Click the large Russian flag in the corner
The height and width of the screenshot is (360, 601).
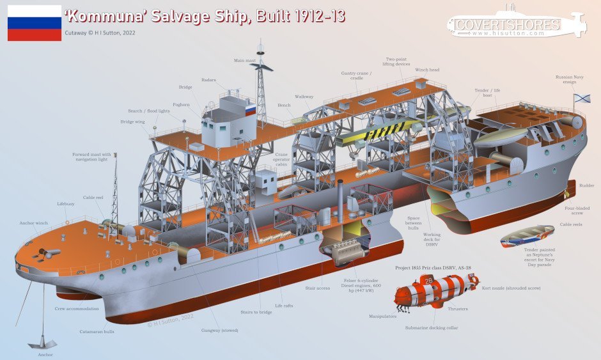click(35, 23)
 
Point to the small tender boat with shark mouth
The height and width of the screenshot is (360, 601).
click(527, 236)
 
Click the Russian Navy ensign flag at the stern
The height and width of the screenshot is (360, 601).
click(581, 98)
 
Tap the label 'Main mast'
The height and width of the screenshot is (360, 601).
click(244, 61)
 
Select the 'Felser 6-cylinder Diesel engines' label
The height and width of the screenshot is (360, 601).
click(361, 286)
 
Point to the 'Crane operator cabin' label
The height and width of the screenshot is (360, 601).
click(281, 159)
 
